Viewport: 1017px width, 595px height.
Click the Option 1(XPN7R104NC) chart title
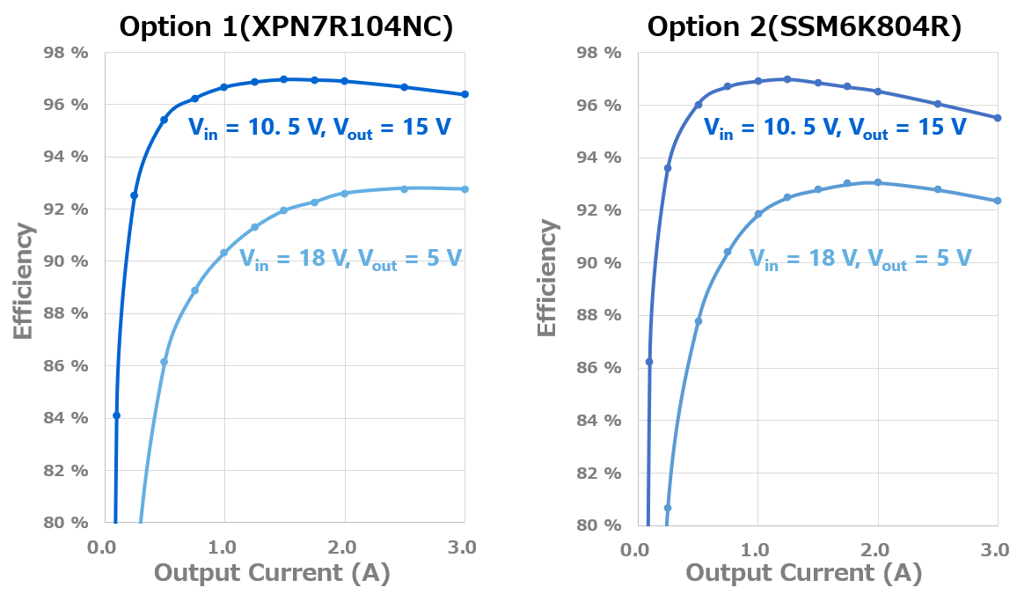[286, 27]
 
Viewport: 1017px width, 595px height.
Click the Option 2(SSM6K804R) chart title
[804, 27]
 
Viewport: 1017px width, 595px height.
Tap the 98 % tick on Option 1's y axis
[66, 53]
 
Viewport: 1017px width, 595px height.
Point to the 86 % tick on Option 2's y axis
[599, 368]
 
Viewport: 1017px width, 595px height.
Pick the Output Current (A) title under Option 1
[272, 574]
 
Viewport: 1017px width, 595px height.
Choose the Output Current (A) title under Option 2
[803, 574]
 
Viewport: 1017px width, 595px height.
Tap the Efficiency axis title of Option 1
[25, 282]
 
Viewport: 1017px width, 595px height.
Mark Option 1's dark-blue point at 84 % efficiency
[116, 415]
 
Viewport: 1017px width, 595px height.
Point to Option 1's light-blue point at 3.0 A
[465, 189]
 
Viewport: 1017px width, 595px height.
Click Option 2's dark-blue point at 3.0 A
[997, 118]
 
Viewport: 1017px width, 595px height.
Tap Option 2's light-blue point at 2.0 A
[878, 183]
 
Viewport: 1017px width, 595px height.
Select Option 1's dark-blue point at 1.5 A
[283, 79]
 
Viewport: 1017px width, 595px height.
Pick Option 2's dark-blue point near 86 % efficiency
[649, 362]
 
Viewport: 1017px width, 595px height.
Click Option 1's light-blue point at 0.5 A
[164, 362]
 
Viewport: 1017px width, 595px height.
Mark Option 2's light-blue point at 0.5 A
[699, 321]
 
